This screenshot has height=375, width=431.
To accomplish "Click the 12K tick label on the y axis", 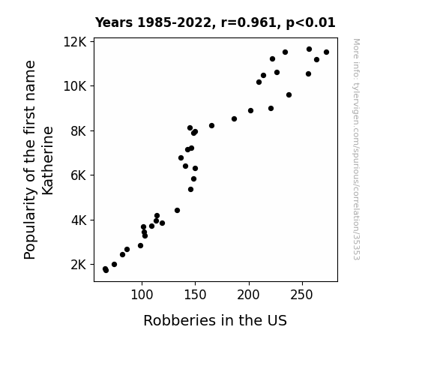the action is coord(75,42).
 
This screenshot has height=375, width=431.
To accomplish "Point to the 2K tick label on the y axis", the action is coord(79,265).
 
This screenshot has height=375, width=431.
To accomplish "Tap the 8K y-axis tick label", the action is coord(79,131).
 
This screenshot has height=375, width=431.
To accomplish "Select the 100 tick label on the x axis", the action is coord(142,295).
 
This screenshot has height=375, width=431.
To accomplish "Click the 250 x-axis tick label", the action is coord(302,295).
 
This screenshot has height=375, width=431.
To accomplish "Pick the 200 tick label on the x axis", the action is coord(249,295).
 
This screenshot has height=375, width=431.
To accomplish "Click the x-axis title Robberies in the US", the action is coord(215,320).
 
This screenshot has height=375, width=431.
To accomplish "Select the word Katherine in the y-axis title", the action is coord(47,160).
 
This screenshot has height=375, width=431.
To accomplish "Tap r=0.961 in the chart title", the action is coord(249,22).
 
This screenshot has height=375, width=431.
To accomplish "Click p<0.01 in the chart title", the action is coord(310,22).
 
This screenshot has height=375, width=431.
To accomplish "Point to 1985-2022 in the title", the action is coord(174,22).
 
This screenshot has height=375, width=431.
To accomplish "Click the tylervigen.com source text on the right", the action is coord(356,149).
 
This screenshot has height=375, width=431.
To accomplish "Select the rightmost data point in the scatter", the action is coord(326,52).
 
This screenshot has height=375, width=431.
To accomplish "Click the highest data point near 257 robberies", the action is coord(310,49).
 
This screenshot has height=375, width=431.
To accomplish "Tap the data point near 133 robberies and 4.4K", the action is coord(178,211).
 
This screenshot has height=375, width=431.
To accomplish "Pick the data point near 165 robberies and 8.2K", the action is coord(211,126).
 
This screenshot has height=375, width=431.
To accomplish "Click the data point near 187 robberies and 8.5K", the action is coord(234,118).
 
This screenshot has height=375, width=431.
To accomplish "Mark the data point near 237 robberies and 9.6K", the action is coord(289,95).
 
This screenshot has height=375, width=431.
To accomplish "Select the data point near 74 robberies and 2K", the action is coord(115,265).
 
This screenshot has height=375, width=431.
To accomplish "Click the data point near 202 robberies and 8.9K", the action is coord(250,110).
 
